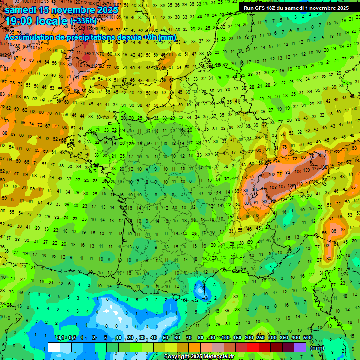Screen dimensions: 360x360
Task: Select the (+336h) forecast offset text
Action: coord(83,21)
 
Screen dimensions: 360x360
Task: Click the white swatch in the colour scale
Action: coord(54,347)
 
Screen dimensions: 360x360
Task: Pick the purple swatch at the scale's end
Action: coord(300,347)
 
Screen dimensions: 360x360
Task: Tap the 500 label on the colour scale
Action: coord(307,338)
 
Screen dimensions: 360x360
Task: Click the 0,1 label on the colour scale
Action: coord(60,338)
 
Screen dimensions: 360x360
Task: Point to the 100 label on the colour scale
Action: coord(225,338)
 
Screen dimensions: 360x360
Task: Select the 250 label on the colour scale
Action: coord(261,338)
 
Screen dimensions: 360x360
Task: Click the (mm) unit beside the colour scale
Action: coord(318,348)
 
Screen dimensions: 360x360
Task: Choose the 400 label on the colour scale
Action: coord(296,338)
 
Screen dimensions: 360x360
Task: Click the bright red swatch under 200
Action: coord(254,347)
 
